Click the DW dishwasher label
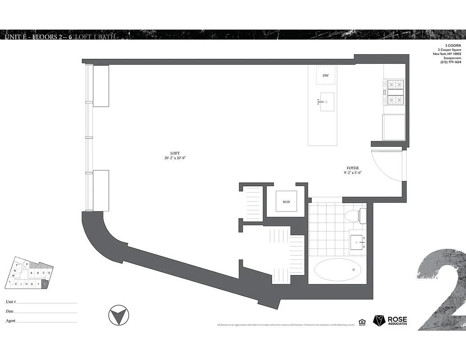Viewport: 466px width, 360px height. pos(325,76)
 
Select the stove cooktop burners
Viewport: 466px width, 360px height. pos(394,91)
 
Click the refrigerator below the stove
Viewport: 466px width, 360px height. pos(393,127)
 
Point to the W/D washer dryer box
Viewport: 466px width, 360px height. pos(286,202)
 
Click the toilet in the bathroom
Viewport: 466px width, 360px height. pos(355,216)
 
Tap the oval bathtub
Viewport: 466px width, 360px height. pos(337,270)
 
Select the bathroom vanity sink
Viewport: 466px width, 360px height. pos(358,242)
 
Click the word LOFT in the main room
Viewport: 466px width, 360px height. pos(175,153)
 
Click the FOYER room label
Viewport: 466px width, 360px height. pos(353,168)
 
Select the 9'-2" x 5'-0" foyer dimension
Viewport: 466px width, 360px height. pos(353,173)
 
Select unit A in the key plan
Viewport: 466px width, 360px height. pos(31,273)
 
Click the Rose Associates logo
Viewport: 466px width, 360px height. pos(390,320)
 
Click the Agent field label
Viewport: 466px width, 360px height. pos(10,321)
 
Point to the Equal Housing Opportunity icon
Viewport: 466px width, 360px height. pos(362,321)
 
